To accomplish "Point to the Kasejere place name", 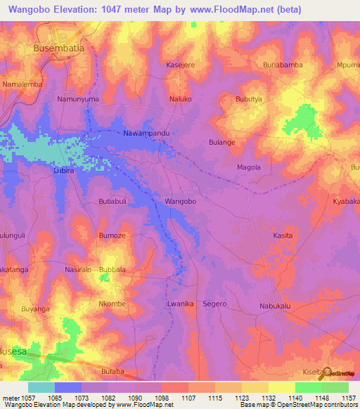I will pyautogui.click(x=181, y=65).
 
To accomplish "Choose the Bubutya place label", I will pyautogui.click(x=248, y=99).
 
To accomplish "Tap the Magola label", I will pyautogui.click(x=248, y=167).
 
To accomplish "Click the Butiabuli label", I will pyautogui.click(x=112, y=201).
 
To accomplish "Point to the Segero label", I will pyautogui.click(x=214, y=304).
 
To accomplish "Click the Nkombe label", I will pyautogui.click(x=112, y=304).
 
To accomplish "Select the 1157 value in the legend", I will pyautogui.click(x=349, y=398).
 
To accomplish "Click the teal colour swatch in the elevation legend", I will pyautogui.click(x=41, y=387).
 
